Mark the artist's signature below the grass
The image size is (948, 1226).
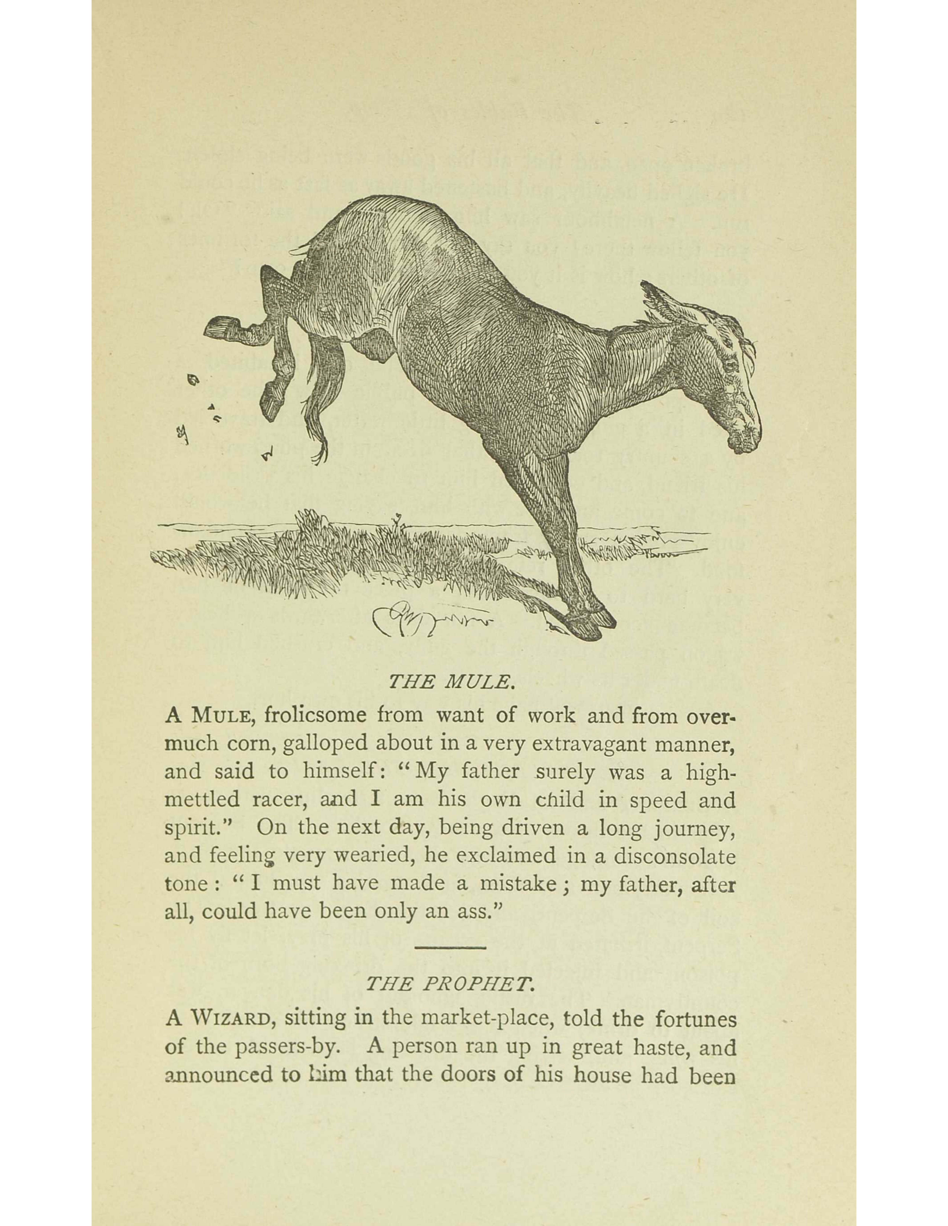(x=430, y=620)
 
